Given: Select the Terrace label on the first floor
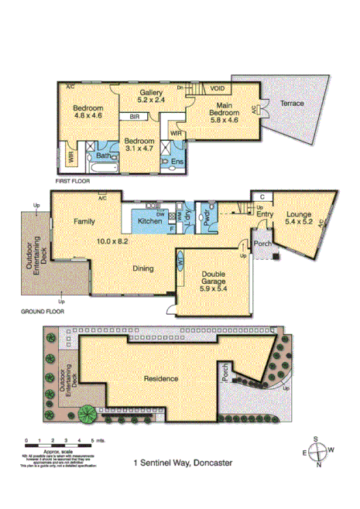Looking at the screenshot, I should coord(292,103).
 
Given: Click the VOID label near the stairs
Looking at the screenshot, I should coord(218,89).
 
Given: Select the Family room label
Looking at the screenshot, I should coord(84,221).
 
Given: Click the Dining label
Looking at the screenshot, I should coord(142,269).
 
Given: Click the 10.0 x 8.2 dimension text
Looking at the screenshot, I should coord(111,241).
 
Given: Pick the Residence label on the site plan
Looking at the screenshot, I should coord(162,379).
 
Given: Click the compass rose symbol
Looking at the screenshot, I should coord(317,452).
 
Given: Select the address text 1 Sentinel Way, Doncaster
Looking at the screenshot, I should coord(180,464).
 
